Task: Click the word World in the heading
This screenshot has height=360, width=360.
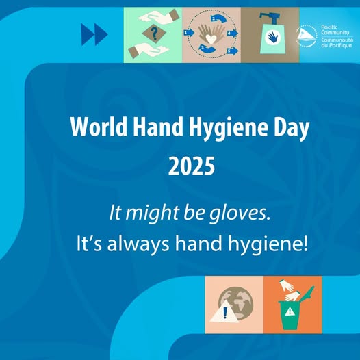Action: pos(99,127)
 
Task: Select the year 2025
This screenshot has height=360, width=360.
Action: pos(192,166)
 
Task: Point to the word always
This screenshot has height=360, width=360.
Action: pos(138,244)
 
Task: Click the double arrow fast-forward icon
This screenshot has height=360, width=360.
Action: pos(94,34)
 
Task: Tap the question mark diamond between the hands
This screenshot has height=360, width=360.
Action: pos(154,34)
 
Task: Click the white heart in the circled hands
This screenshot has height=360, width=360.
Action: pos(211,38)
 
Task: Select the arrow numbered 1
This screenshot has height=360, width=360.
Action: pos(189,33)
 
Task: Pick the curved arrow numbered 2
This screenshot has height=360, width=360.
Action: pos(218,19)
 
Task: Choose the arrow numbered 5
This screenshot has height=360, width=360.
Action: pos(233,51)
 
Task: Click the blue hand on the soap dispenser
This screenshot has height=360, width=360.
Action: pos(272,37)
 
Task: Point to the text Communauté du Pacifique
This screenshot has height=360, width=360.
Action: pos(337,42)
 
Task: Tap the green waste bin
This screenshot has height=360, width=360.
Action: pos(290,316)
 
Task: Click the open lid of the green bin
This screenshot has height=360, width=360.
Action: pos(307,293)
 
